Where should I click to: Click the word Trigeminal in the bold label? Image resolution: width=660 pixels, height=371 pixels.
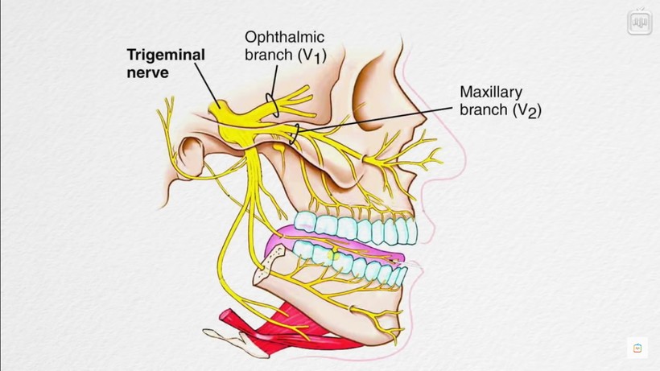pos(166,55)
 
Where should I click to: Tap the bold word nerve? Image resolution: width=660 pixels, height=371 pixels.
pos(148,72)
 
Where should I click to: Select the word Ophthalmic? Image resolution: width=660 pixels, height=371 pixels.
pos(285,37)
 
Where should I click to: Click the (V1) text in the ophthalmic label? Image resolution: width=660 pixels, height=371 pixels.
pos(312,56)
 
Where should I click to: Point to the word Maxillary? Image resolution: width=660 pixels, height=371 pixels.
pos(491,92)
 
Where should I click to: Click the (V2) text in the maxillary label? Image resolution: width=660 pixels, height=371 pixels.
pos(527,110)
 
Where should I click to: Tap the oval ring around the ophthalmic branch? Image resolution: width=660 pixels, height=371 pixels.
pos(272,105)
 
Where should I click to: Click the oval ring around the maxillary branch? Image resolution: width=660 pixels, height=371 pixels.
pos(295,134)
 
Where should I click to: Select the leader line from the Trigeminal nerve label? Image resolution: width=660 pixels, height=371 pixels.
pos(208,84)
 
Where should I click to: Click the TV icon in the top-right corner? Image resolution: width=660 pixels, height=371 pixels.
pos(639,22)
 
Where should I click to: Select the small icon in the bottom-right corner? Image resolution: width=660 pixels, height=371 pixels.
pos(637,348)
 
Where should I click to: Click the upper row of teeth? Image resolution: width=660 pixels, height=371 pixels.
pos(356,228)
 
